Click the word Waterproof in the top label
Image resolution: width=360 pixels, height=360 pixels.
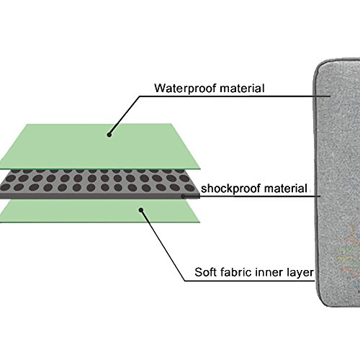pos(186,89)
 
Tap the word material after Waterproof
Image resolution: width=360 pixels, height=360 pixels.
pos(242,88)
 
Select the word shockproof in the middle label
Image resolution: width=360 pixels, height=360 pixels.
pos(230,189)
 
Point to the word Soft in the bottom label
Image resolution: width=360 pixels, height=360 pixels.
pos(205,272)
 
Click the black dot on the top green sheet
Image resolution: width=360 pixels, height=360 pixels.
pos(109,135)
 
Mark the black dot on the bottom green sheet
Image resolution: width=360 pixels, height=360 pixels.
pos(141,210)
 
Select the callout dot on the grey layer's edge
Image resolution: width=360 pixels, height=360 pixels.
pos(183,197)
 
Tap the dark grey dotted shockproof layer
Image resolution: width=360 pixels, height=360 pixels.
pos(99,184)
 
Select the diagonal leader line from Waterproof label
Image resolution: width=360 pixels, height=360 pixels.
pos(125,115)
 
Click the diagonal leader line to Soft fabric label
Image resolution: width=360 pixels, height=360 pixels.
pos(163,246)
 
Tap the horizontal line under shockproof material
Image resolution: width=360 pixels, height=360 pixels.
pos(252,197)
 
